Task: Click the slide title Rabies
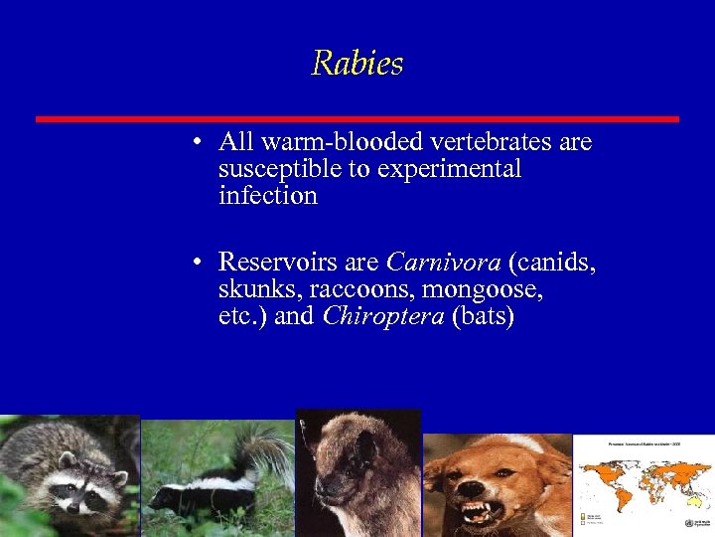(357, 64)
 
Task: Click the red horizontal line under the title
(357, 119)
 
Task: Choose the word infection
(267, 196)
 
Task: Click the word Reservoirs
(278, 263)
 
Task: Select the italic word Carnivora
(443, 263)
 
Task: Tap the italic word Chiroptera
(383, 317)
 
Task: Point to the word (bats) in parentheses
(483, 317)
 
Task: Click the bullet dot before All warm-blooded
(200, 143)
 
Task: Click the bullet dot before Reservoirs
(200, 263)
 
